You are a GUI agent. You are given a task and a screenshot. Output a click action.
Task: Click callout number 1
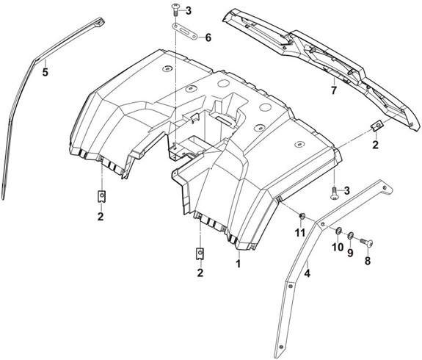point(238,263)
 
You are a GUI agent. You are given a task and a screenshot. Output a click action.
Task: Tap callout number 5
point(45,72)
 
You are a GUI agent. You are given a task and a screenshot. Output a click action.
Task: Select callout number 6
point(208,37)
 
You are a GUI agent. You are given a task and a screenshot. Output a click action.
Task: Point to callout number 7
point(334,90)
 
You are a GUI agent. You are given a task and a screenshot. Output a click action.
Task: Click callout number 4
point(307,273)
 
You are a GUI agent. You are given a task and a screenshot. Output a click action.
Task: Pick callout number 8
point(368,261)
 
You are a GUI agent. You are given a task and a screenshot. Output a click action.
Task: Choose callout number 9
point(350,253)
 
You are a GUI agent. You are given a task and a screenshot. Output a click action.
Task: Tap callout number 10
point(338,247)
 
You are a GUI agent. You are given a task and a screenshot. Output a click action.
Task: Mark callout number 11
point(300,233)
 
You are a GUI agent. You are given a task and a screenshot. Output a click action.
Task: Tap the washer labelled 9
point(350,236)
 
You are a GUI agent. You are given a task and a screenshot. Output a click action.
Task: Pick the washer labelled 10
point(338,231)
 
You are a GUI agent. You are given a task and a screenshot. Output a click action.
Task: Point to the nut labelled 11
point(302,215)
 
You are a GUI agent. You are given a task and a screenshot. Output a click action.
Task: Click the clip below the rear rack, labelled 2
point(377,126)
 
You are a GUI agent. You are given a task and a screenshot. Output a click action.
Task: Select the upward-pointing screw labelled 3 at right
point(334,194)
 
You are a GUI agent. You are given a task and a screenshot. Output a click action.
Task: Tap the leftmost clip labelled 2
point(101,196)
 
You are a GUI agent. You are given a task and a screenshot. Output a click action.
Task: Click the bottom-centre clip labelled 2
point(200,253)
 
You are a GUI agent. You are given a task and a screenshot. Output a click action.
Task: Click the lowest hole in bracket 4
point(280,347)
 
